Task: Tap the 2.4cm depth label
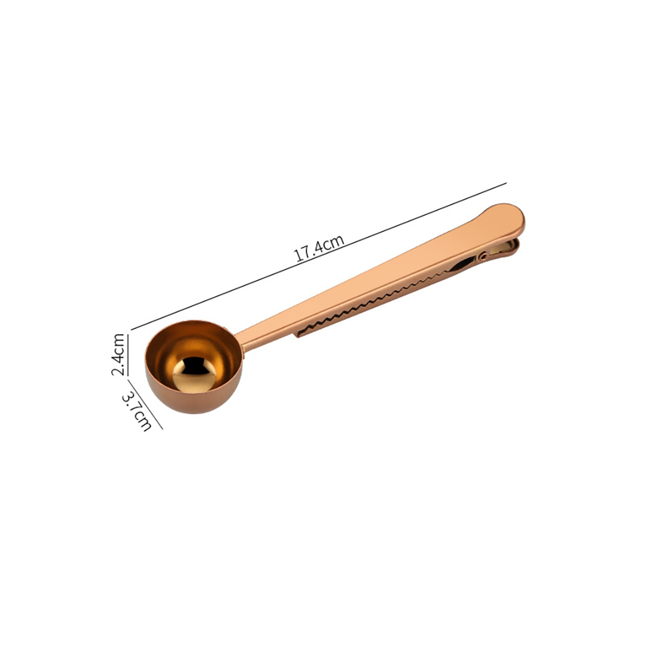118,354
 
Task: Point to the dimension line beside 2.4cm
128,355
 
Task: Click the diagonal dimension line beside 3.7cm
145,404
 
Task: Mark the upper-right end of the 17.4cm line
507,183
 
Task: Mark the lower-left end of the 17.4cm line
132,330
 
